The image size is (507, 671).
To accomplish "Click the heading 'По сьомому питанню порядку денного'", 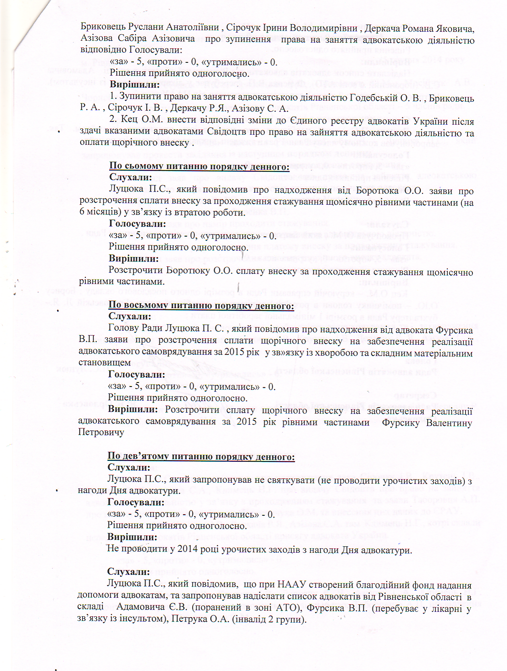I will coord(199,166).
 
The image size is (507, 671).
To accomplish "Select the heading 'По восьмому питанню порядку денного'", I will coord(201,306).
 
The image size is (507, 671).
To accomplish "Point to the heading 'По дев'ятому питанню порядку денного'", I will coord(201,457).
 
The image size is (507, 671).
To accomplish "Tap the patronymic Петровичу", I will coord(101,432).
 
